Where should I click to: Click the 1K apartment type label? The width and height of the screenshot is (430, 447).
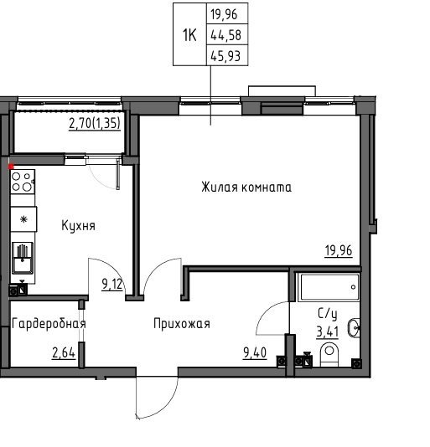(x=189, y=36)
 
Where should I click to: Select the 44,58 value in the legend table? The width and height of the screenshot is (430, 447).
(x=225, y=35)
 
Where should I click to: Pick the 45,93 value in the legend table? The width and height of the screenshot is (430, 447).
(x=225, y=56)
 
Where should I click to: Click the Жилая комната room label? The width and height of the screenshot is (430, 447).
(x=246, y=188)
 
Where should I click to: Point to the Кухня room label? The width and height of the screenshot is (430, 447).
(x=78, y=226)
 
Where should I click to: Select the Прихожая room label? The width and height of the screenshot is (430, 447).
(x=182, y=324)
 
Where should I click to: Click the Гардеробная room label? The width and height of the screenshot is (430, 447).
(x=49, y=324)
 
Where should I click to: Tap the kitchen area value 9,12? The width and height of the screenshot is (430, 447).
(x=112, y=285)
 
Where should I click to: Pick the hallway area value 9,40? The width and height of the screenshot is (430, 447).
(x=255, y=352)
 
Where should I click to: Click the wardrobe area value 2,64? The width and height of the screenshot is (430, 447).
(x=64, y=353)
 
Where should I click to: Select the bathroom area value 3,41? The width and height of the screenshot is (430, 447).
(x=328, y=331)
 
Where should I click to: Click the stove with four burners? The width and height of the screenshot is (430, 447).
(x=23, y=182)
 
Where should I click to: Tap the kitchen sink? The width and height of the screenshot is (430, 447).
(x=23, y=259)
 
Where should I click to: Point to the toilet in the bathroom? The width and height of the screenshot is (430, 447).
(x=329, y=354)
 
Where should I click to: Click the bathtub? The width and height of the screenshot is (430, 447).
(x=329, y=287)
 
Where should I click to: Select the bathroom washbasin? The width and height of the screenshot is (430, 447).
(x=354, y=327)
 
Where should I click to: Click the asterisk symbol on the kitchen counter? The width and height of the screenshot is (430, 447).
(x=23, y=219)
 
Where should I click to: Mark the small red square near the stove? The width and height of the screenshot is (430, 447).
(x=11, y=167)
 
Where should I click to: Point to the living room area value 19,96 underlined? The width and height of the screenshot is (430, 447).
(x=339, y=251)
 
